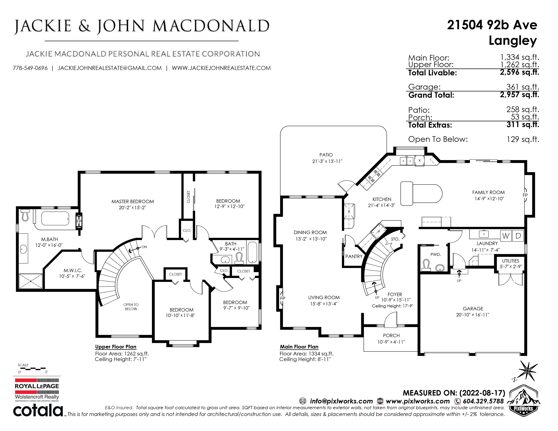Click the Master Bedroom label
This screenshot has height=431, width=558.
pos(133,201)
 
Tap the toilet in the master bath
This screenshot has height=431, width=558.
pos(25,215)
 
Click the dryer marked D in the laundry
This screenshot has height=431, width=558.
pos(518,236)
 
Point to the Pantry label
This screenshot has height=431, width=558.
pos(354,256)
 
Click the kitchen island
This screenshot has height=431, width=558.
pos(421,193)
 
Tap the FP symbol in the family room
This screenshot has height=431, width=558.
pos(525,195)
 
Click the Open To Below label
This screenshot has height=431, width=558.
pos(131,307)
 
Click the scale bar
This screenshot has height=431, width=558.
pos(32,369)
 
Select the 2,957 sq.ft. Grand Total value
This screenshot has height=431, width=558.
pos(519,95)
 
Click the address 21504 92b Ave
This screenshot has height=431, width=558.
pos(492,25)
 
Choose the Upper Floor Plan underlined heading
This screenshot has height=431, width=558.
pos(116,347)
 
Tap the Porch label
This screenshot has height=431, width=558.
pos(391,336)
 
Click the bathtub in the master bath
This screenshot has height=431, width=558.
pos(55,218)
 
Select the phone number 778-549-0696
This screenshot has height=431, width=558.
pos(30,68)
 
